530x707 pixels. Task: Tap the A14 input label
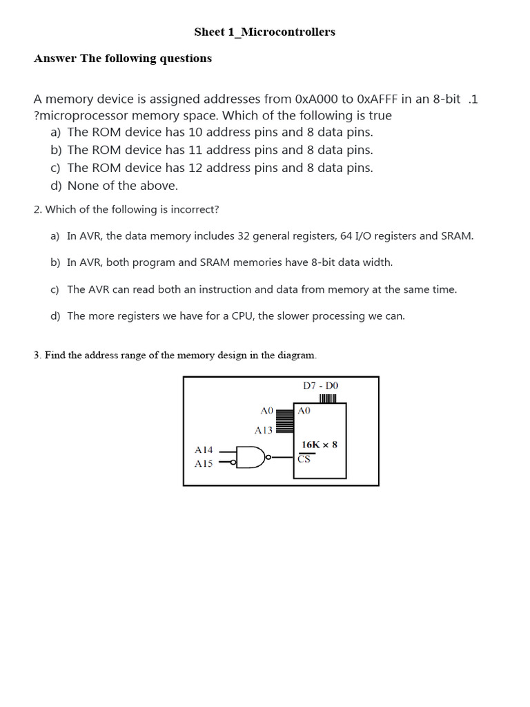click(x=204, y=449)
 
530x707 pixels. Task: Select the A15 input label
click(x=204, y=464)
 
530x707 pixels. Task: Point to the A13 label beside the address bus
click(x=264, y=430)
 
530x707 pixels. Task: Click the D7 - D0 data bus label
click(x=321, y=385)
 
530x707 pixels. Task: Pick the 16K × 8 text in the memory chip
click(x=320, y=445)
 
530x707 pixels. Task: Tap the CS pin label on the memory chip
click(x=304, y=459)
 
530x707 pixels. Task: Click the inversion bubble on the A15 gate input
click(x=233, y=463)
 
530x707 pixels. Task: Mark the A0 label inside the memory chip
click(x=304, y=410)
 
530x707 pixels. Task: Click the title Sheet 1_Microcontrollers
click(x=264, y=32)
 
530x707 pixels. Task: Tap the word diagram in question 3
click(x=297, y=356)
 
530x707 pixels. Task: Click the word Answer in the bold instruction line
click(x=55, y=59)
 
